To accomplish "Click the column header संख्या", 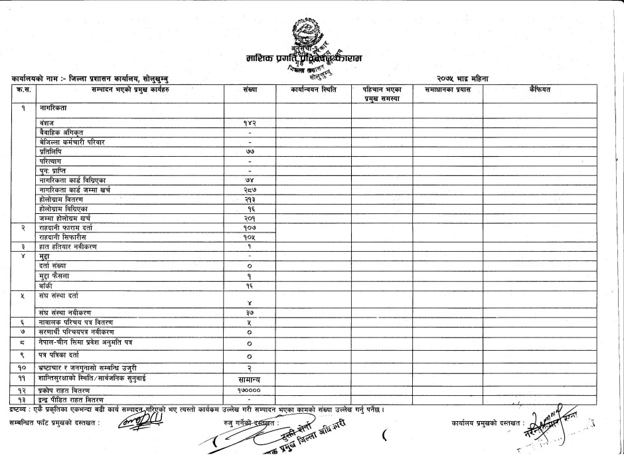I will (x=250, y=89).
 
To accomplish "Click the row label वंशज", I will (x=47, y=124).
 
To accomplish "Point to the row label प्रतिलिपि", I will (x=50, y=152).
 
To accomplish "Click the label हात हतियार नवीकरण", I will (x=70, y=246).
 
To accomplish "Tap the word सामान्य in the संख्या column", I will (x=250, y=377).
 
